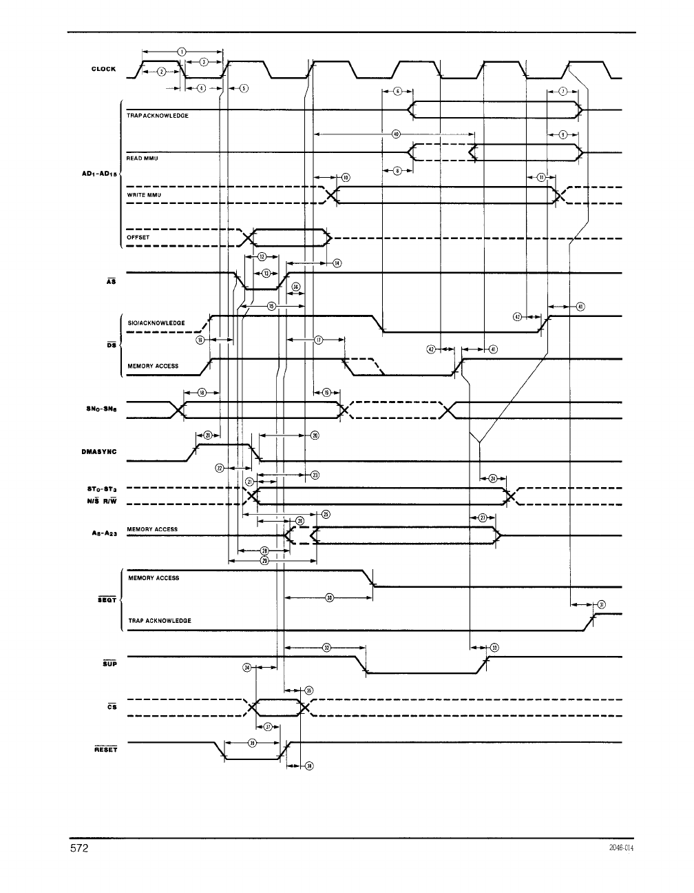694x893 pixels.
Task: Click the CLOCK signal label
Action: (x=103, y=69)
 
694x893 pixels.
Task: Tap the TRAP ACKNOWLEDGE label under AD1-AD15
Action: (x=158, y=116)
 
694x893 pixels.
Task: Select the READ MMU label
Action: (x=143, y=158)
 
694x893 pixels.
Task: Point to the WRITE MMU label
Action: (x=144, y=196)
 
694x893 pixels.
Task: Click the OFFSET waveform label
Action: (x=138, y=238)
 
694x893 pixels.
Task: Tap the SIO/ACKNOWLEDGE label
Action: (x=156, y=323)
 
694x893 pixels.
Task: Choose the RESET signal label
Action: (x=105, y=750)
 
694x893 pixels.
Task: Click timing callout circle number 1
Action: (x=181, y=51)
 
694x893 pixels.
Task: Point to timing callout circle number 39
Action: (x=252, y=743)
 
